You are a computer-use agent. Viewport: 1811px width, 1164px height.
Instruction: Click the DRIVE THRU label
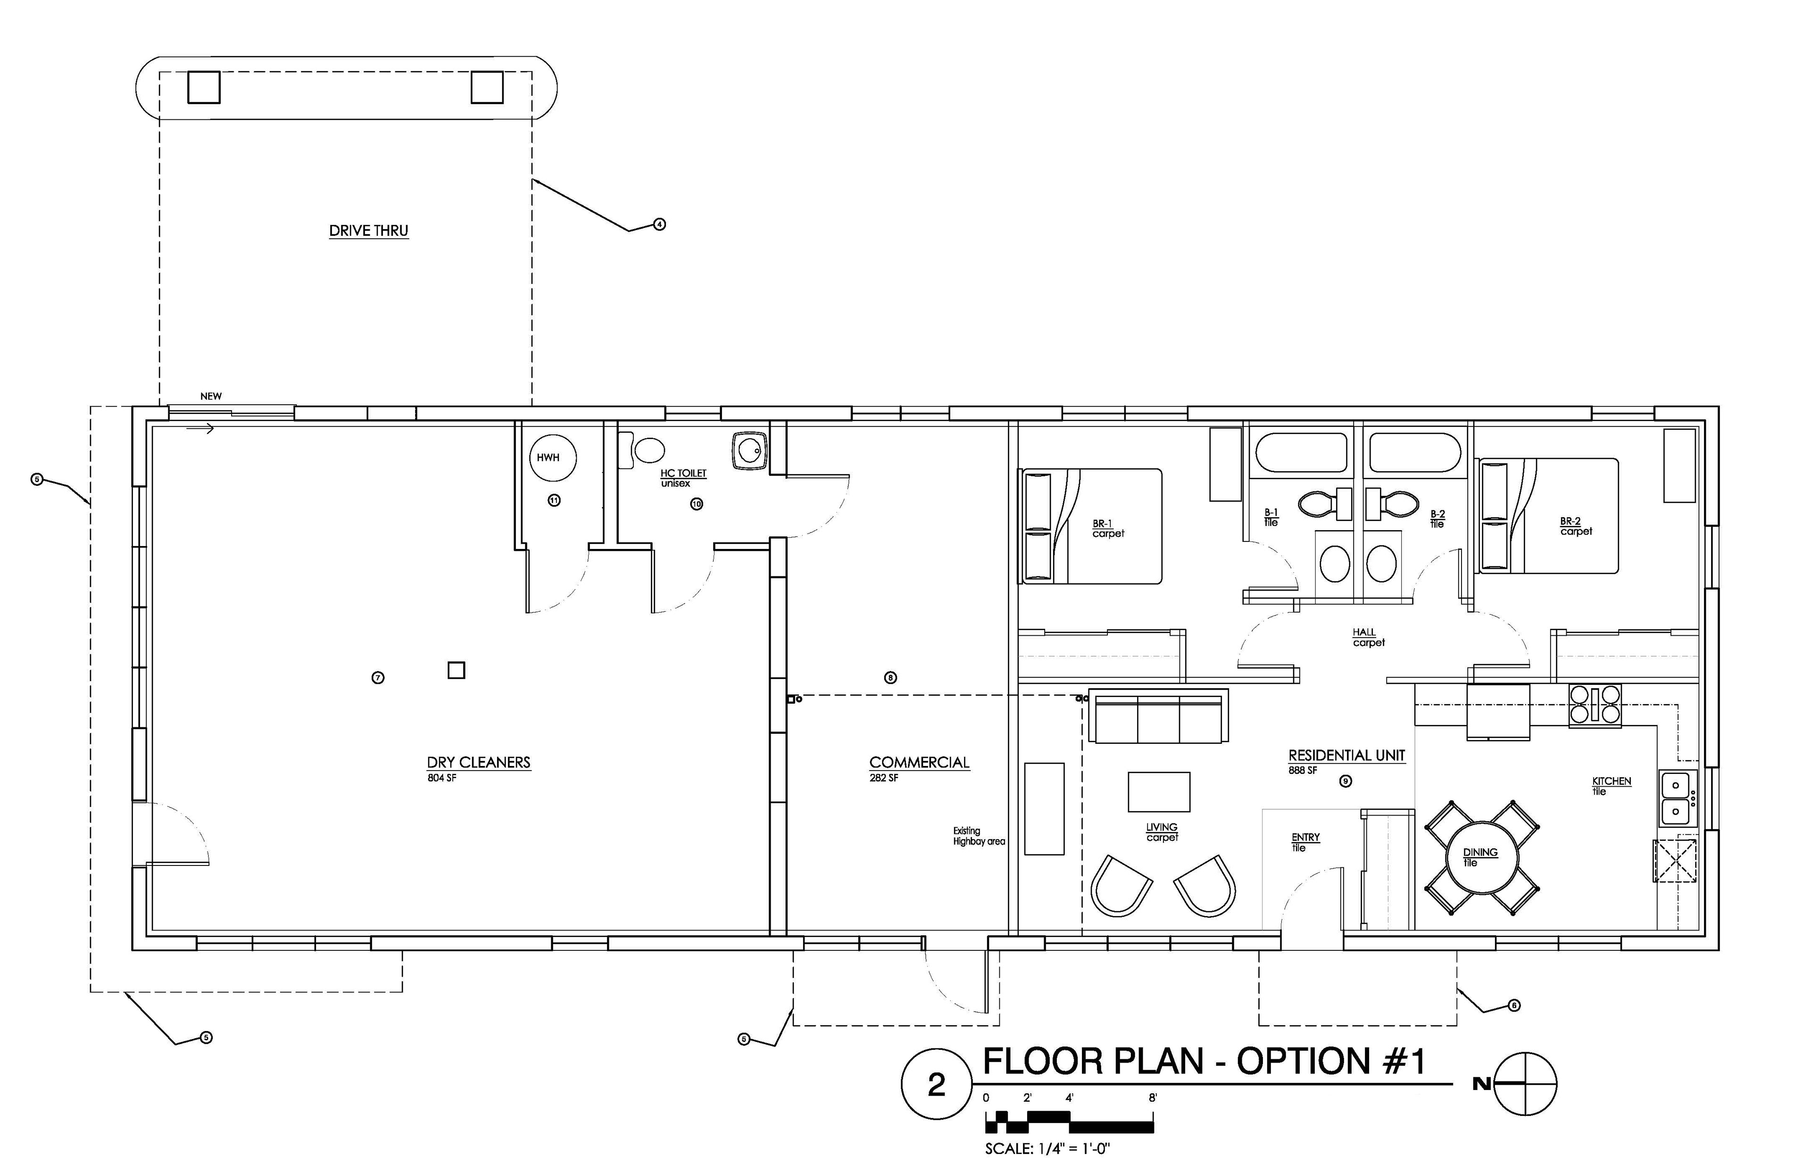pyautogui.click(x=369, y=231)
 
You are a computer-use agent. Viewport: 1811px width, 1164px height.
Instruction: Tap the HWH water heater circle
pyautogui.click(x=553, y=457)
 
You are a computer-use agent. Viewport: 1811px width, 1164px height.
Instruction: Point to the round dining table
pyautogui.click(x=1481, y=858)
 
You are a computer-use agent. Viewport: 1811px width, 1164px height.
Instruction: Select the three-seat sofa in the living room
pyautogui.click(x=1158, y=715)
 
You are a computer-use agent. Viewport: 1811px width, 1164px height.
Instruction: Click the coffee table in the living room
pyautogui.click(x=1159, y=791)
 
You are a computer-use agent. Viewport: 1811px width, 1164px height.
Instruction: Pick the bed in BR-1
pyautogui.click(x=1091, y=526)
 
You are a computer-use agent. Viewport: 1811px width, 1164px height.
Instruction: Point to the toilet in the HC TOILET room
pyautogui.click(x=641, y=450)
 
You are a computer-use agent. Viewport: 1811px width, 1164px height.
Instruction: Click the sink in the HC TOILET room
pyautogui.click(x=750, y=451)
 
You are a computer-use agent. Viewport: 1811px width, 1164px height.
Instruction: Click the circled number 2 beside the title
pyautogui.click(x=936, y=1085)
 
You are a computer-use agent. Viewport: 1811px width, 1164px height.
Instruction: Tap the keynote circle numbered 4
pyautogui.click(x=659, y=224)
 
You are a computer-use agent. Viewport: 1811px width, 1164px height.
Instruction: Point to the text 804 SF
pyautogui.click(x=442, y=778)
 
